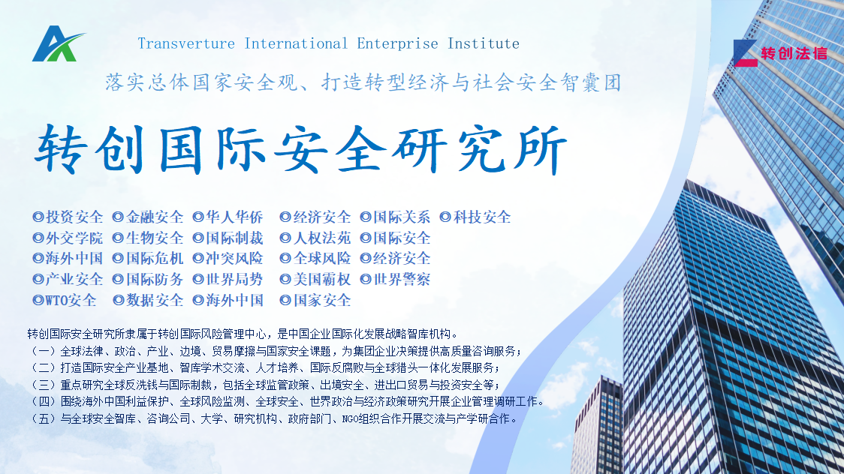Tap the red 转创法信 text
794,54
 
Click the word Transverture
186,43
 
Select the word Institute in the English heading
484,43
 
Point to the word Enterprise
398,44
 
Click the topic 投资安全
74,217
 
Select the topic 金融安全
155,217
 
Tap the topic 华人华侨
235,217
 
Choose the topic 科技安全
482,217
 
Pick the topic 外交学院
74,238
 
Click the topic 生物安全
155,238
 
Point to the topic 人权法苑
322,238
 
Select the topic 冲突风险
235,259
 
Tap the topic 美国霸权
322,280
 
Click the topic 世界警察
402,280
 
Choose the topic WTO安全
71,301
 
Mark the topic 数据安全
155,301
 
